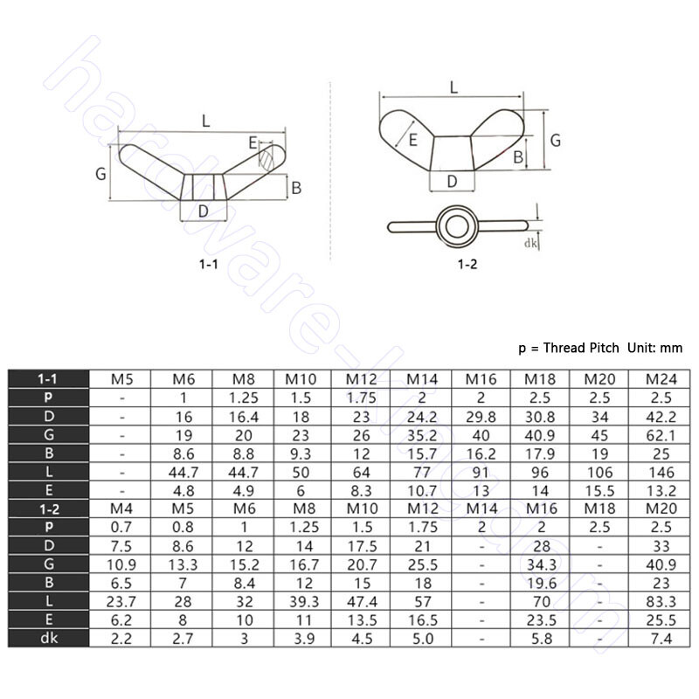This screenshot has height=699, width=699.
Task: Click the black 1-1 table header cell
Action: coord(50,378)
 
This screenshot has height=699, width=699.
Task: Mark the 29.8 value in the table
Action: coord(481,416)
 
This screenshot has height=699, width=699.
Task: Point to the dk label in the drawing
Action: coord(530,246)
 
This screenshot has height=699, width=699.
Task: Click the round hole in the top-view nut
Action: coord(453,225)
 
